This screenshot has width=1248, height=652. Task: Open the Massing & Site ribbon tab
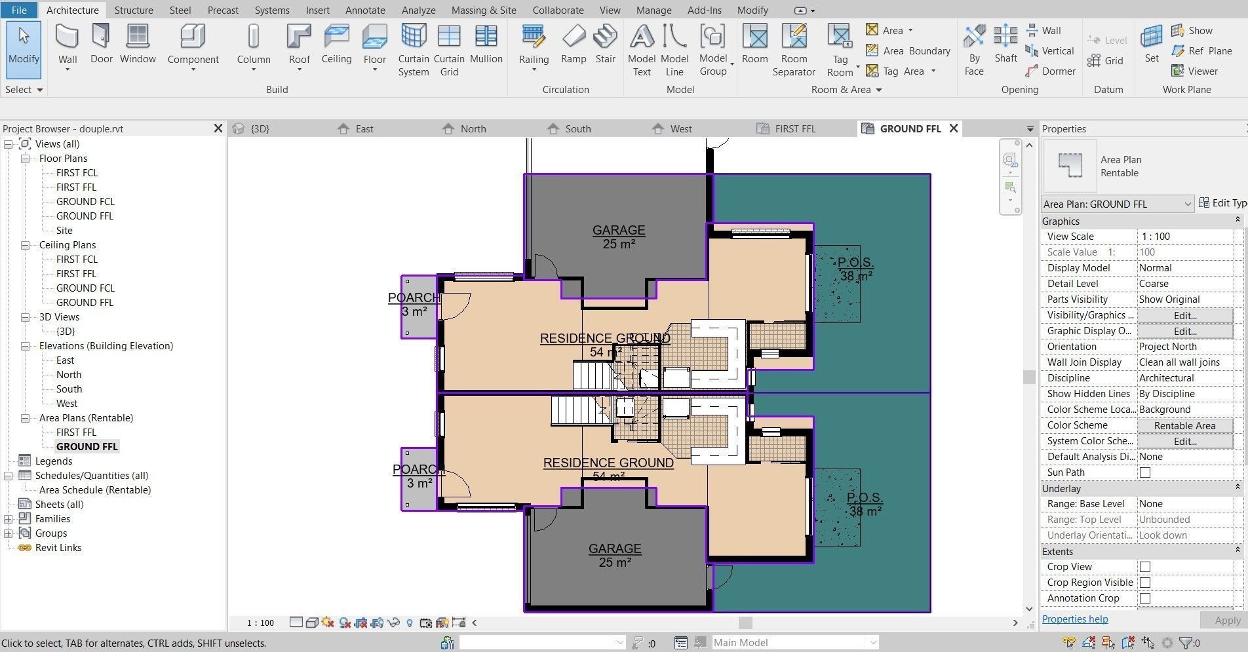[x=483, y=10]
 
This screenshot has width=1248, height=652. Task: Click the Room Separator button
[x=793, y=49]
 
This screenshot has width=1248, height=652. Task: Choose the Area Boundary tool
[x=908, y=50]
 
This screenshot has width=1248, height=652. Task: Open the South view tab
[x=577, y=129]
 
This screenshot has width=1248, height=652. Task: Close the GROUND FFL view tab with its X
[x=954, y=128]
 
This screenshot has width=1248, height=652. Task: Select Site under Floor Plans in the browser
[x=64, y=231]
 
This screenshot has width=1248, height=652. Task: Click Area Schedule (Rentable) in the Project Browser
[x=94, y=490]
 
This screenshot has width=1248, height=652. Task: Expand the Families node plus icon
[x=8, y=519]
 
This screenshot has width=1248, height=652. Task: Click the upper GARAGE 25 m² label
[x=618, y=237]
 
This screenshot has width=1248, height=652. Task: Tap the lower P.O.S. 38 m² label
[x=865, y=504]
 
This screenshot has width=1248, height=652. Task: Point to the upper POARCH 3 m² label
[x=414, y=304]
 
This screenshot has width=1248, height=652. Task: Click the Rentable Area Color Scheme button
[x=1184, y=425]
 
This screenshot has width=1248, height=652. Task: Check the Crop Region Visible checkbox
[x=1144, y=583]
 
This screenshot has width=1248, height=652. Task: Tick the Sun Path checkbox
[x=1144, y=472]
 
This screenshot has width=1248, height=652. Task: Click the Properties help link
[x=1074, y=619]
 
